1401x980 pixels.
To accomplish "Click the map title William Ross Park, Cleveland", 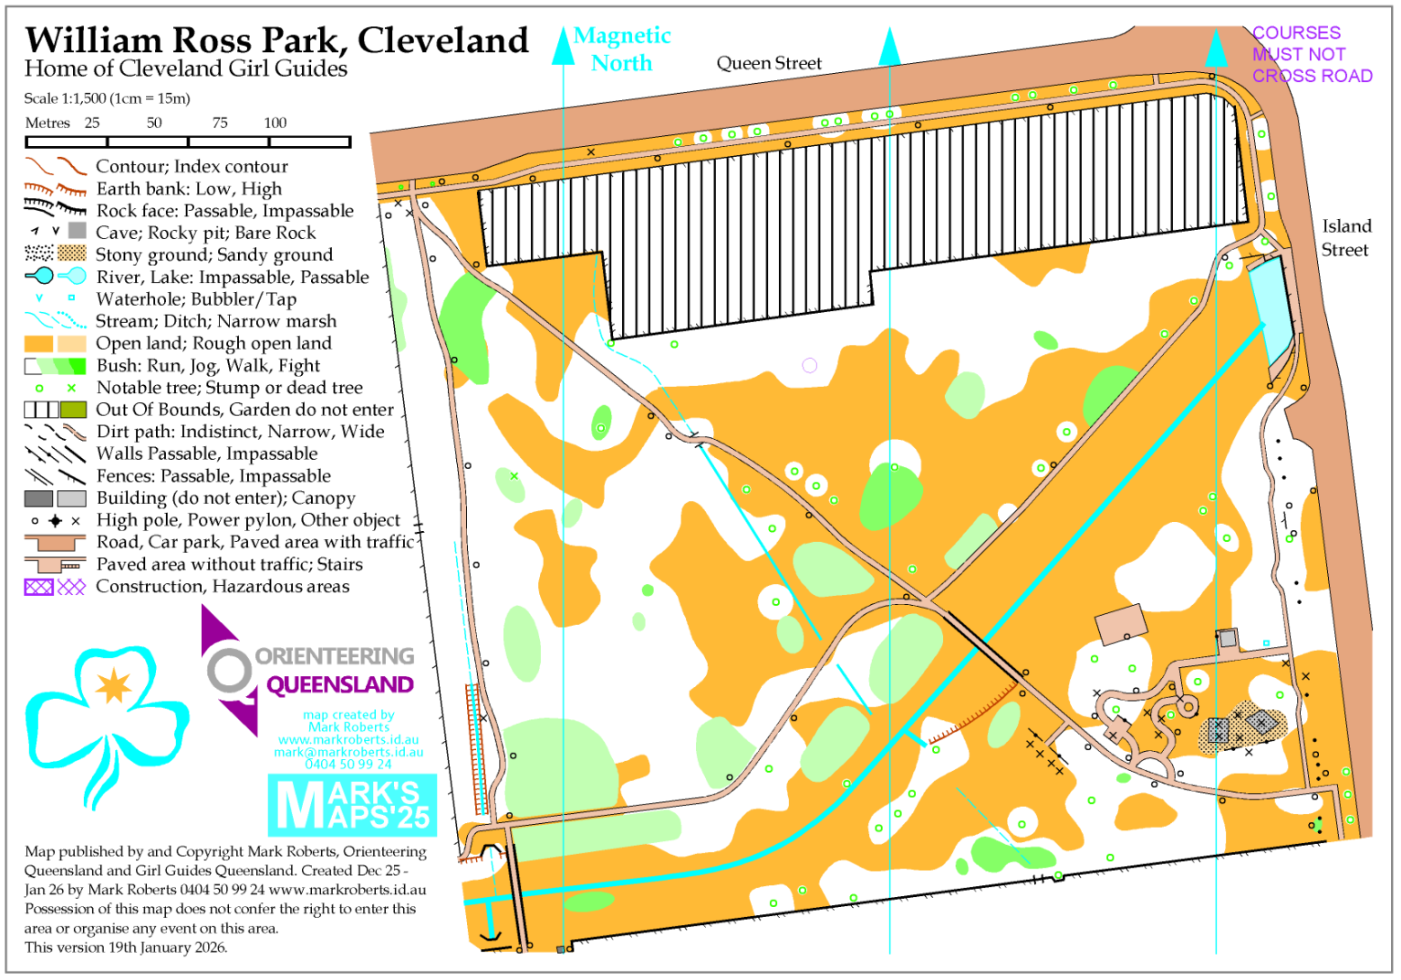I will click(x=276, y=40).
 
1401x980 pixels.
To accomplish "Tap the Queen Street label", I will click(x=768, y=63).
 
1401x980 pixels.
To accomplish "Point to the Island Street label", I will click(x=1345, y=238).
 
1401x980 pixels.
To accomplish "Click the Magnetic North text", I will click(x=622, y=49).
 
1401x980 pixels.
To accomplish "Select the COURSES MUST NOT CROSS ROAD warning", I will click(x=1311, y=55).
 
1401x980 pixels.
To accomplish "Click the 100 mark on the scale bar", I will click(x=275, y=122).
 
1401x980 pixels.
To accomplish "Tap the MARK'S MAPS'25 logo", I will click(x=352, y=805).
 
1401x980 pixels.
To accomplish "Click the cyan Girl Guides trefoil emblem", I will click(x=107, y=721).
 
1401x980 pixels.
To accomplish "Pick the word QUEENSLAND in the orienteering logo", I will click(x=339, y=684).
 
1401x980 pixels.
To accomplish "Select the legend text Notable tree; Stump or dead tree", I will click(x=229, y=388).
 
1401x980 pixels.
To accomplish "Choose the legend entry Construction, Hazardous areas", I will click(x=223, y=587).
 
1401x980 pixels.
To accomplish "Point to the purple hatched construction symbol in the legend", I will click(x=38, y=587).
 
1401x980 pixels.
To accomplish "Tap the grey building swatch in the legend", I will click(x=38, y=498).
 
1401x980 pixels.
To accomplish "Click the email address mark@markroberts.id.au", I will click(x=348, y=752).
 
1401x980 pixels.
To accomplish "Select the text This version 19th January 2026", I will click(x=126, y=947).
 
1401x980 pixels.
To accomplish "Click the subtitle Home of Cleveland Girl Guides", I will click(x=185, y=69).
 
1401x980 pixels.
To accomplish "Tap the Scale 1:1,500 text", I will click(x=107, y=99).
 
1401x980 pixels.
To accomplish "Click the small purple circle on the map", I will click(x=809, y=365).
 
